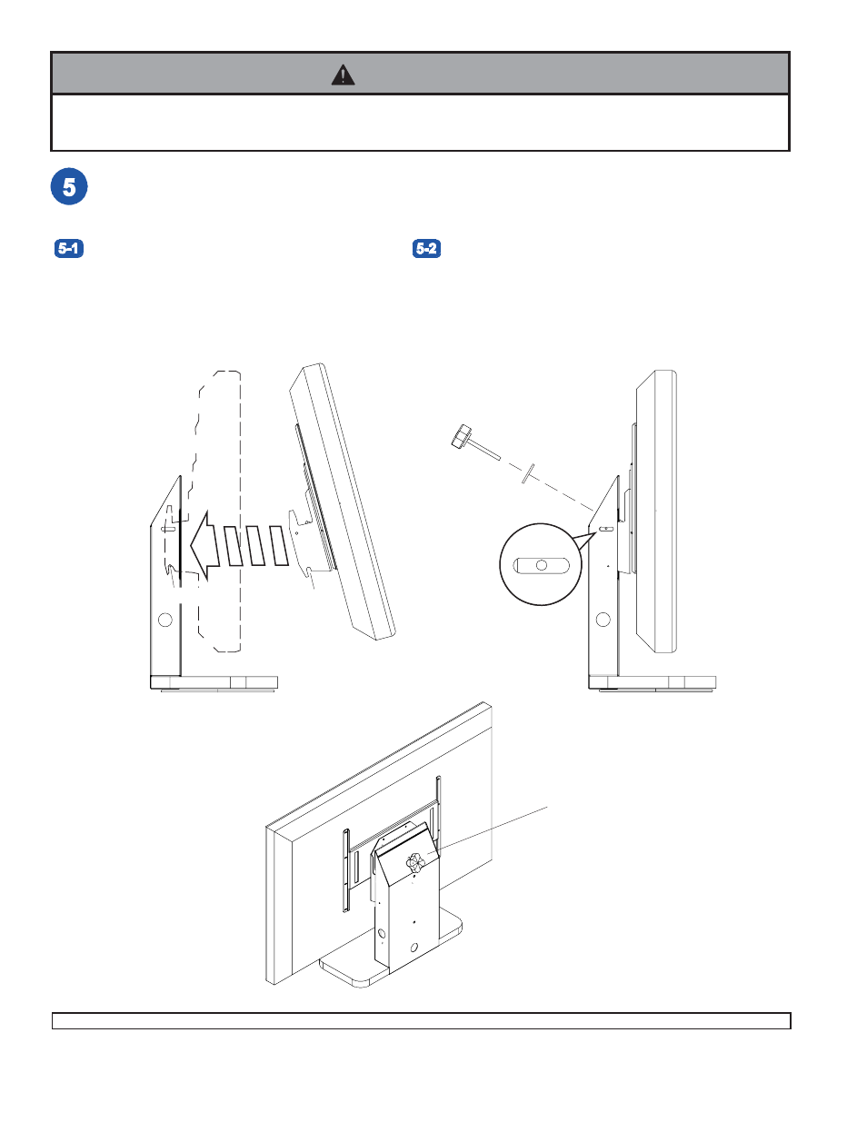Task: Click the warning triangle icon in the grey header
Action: pyautogui.click(x=343, y=74)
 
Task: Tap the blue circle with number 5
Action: pyautogui.click(x=69, y=187)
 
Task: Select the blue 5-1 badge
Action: pyautogui.click(x=69, y=248)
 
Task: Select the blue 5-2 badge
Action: pyautogui.click(x=426, y=248)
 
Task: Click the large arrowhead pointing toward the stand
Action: pyautogui.click(x=204, y=545)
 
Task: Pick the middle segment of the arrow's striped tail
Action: pyautogui.click(x=256, y=545)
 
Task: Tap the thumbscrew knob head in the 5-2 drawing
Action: pyautogui.click(x=462, y=436)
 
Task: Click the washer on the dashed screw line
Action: pyautogui.click(x=527, y=472)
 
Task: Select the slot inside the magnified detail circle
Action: pyautogui.click(x=542, y=565)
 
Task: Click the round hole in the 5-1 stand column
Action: pyautogui.click(x=165, y=620)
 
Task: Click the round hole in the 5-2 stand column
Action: pyautogui.click(x=603, y=620)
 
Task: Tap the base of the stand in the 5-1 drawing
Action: pyautogui.click(x=214, y=682)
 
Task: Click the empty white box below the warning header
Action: pyautogui.click(x=420, y=123)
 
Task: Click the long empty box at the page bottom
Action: pyautogui.click(x=421, y=1021)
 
